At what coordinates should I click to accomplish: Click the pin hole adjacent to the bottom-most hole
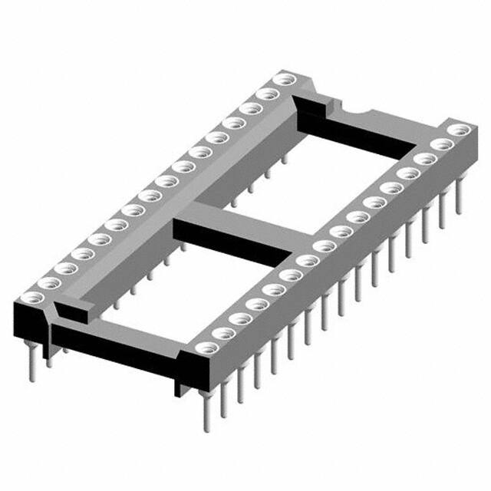pos(223,334)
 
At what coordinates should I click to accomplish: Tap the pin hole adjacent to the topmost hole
pos(266,93)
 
